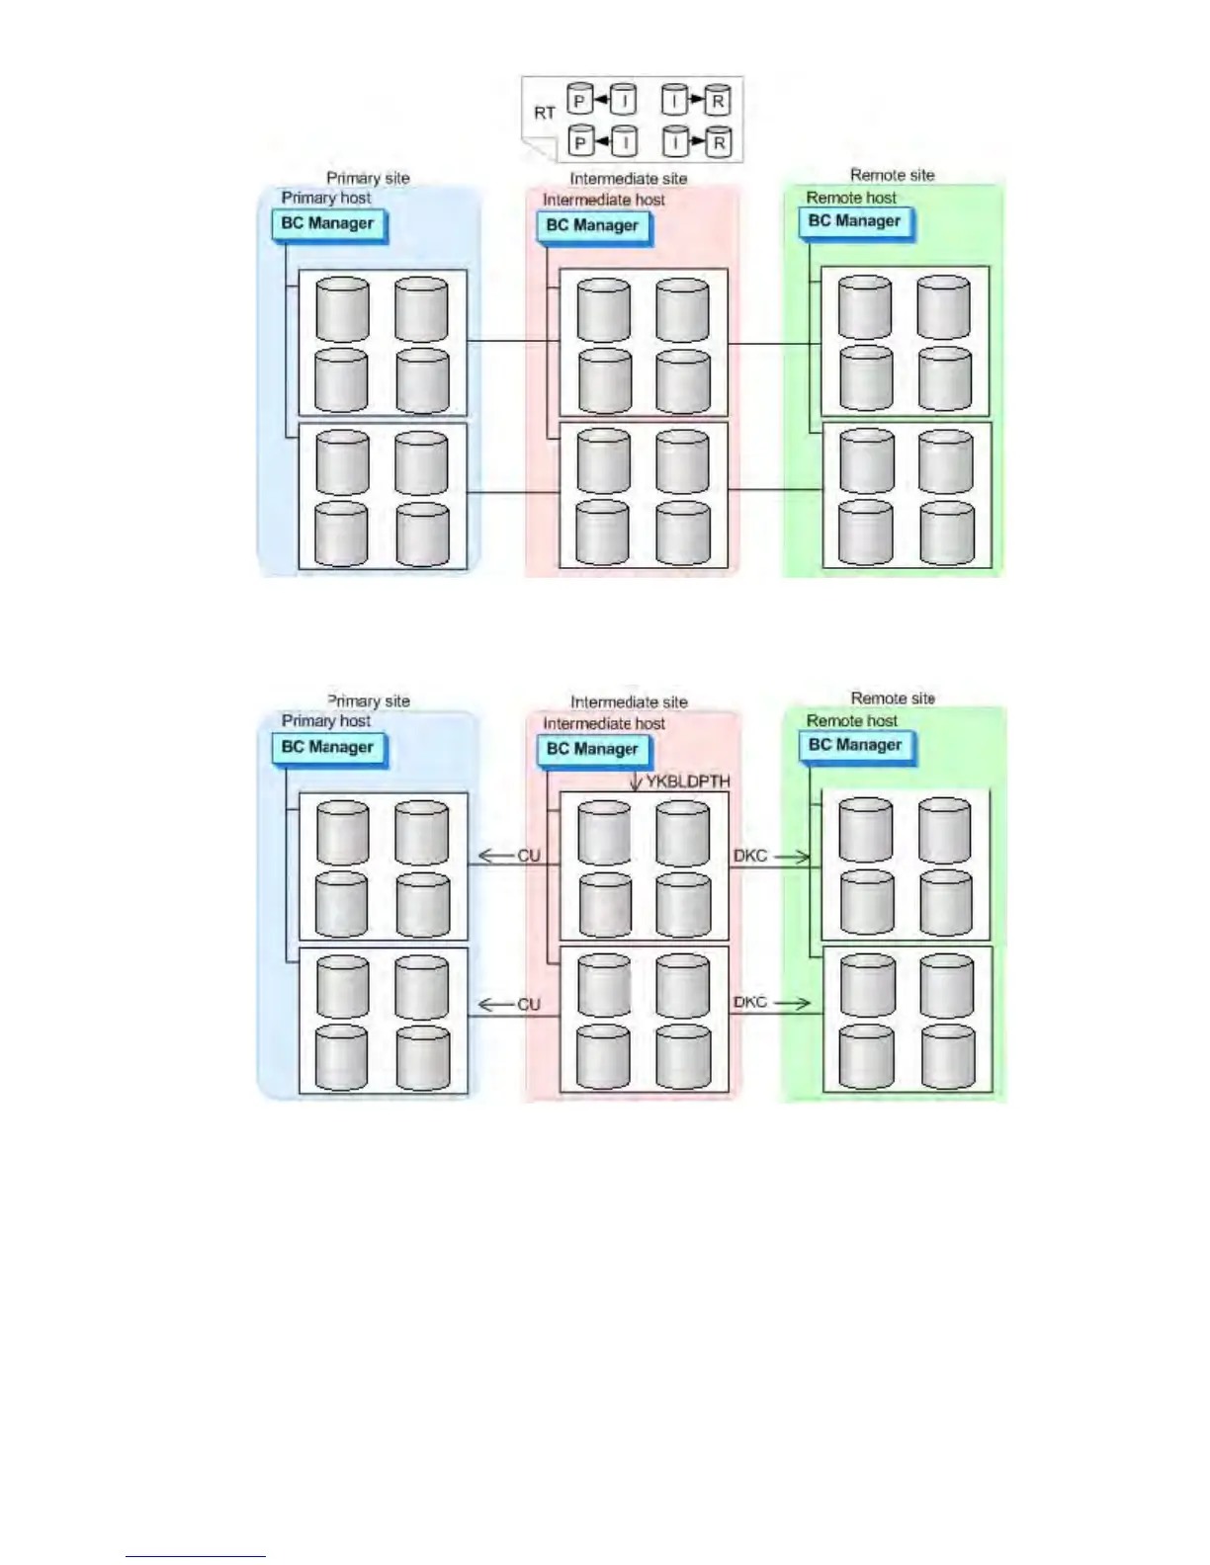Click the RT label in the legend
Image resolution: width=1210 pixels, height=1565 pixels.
[x=545, y=113]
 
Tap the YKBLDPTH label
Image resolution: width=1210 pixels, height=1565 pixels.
[x=688, y=782]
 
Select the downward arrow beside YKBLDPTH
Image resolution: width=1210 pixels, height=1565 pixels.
[x=636, y=781]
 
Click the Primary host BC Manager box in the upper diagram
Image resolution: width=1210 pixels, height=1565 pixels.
[x=327, y=224]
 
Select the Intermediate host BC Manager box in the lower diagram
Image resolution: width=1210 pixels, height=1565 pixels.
[x=593, y=749]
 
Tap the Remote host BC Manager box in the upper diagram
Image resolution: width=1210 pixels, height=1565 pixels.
[x=854, y=221]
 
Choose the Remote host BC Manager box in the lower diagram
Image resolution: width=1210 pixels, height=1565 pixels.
[x=855, y=745]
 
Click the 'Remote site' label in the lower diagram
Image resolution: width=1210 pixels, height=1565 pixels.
[x=893, y=699]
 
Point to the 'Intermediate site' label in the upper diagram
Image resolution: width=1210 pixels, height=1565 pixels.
[x=629, y=179]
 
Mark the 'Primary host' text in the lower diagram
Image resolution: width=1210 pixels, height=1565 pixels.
[x=326, y=721]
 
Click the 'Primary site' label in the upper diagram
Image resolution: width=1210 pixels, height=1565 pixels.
[x=368, y=178]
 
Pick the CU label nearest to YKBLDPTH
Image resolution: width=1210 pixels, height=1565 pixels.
[x=529, y=856]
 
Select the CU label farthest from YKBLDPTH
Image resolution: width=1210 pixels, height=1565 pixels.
[x=529, y=1005]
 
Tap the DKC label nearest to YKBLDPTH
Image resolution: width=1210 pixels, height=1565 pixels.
[x=750, y=856]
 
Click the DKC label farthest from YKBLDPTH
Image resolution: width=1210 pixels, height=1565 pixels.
[x=750, y=1002]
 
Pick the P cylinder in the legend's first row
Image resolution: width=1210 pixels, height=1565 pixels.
[x=580, y=100]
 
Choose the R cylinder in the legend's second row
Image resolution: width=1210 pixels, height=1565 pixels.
[x=719, y=142]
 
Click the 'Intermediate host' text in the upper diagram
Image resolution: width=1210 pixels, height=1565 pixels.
[x=604, y=200]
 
